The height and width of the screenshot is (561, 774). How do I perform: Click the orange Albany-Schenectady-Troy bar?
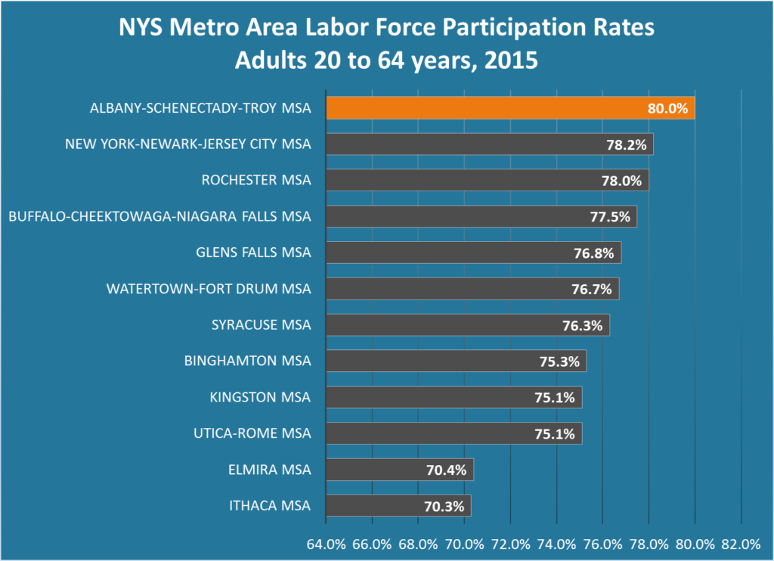click(x=484, y=108)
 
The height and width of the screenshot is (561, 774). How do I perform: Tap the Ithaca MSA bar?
click(x=378, y=506)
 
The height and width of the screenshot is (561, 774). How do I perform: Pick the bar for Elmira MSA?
click(x=378, y=470)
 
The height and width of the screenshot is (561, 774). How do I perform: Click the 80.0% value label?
click(x=667, y=108)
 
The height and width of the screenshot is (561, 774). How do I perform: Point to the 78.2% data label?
click(x=626, y=144)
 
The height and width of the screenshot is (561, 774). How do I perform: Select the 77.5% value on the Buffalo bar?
click(x=609, y=217)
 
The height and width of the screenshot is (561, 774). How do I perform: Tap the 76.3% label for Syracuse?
click(x=582, y=326)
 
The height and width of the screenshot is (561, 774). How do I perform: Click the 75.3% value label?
click(x=559, y=361)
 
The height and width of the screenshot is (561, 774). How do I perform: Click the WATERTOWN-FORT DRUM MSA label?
click(x=209, y=289)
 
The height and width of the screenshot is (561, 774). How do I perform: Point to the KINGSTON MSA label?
click(x=260, y=397)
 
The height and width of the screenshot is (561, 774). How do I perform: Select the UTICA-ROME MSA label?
click(x=252, y=433)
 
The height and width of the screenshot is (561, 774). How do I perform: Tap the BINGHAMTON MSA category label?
click(x=247, y=361)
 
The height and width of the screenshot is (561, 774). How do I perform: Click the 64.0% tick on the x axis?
click(x=326, y=544)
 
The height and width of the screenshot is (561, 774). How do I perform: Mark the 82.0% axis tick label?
click(x=741, y=544)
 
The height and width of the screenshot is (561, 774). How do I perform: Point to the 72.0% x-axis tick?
click(x=510, y=544)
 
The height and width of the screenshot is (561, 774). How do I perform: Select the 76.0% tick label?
click(x=602, y=544)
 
